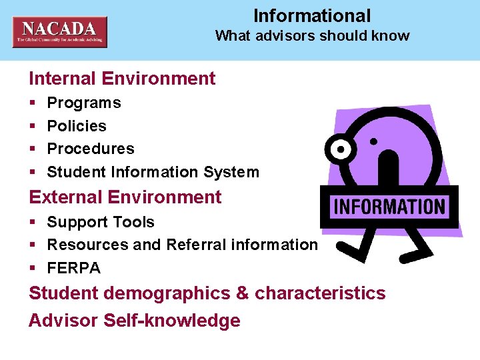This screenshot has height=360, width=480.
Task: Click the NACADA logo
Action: (x=59, y=32)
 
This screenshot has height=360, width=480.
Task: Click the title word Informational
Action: (x=312, y=16)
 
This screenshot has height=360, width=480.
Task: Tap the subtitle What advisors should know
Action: (x=312, y=36)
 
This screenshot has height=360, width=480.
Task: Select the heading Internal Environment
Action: (x=122, y=79)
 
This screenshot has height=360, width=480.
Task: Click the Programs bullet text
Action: (x=84, y=103)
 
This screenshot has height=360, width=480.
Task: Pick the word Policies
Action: (x=77, y=126)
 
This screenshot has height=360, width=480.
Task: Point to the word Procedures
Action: (x=91, y=149)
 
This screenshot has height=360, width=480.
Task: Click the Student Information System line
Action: (x=153, y=172)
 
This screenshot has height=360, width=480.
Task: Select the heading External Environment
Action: (x=125, y=197)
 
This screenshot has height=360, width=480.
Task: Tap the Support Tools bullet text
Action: (x=101, y=222)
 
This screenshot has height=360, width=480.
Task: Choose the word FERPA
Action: (x=73, y=268)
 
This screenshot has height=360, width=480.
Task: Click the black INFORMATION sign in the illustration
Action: (x=389, y=207)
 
